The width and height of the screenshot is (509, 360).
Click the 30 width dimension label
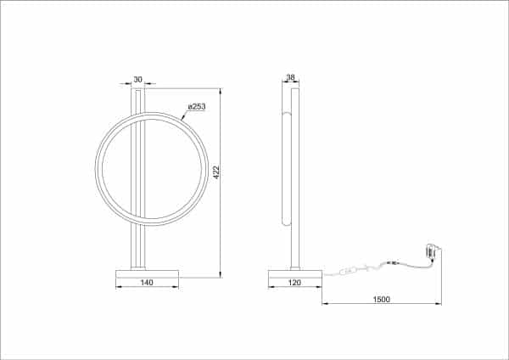(x=138, y=80)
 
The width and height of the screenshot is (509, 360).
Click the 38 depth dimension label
(x=291, y=79)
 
